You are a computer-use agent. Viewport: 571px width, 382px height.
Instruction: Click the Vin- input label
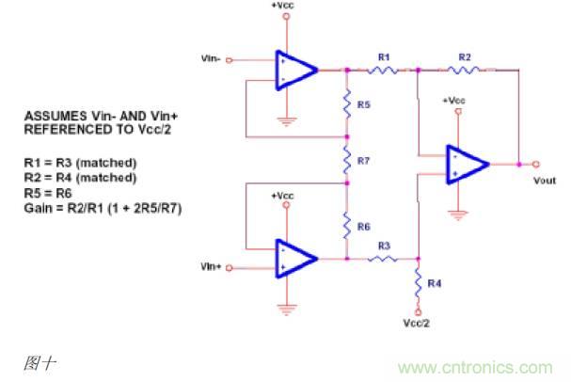211,58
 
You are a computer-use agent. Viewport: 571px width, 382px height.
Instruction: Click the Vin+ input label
211,267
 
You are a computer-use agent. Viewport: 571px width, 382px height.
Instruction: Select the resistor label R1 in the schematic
383,57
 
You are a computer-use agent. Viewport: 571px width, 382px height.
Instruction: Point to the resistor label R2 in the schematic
464,57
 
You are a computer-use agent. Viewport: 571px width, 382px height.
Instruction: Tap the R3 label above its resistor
383,246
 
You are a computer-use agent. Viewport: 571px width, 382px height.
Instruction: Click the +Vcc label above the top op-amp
284,6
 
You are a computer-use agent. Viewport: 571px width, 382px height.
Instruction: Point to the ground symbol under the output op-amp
458,215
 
